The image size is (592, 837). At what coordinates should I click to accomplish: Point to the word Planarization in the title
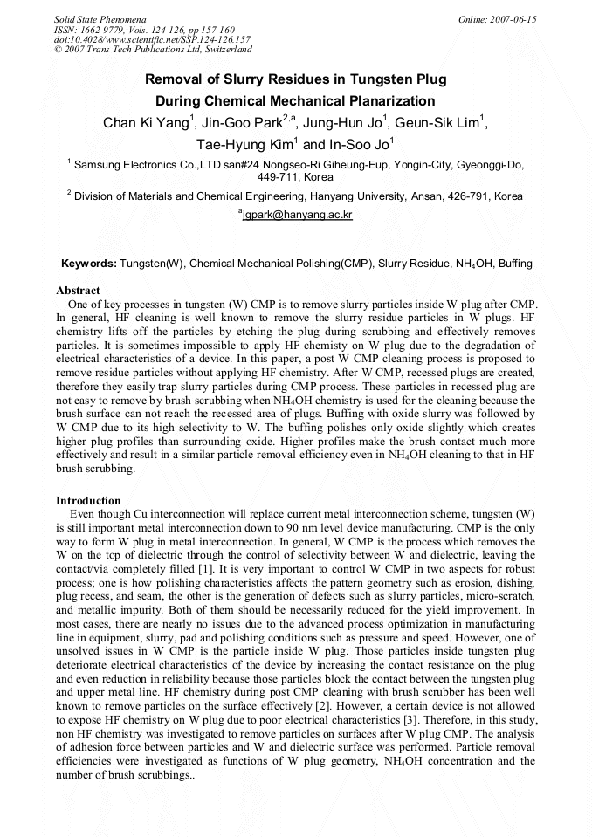391,101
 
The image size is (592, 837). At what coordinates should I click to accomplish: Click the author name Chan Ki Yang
146,123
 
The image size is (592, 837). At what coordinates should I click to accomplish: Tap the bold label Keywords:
88,264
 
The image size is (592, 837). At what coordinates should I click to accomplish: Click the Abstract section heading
78,290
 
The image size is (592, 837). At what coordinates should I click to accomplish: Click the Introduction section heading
88,500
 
